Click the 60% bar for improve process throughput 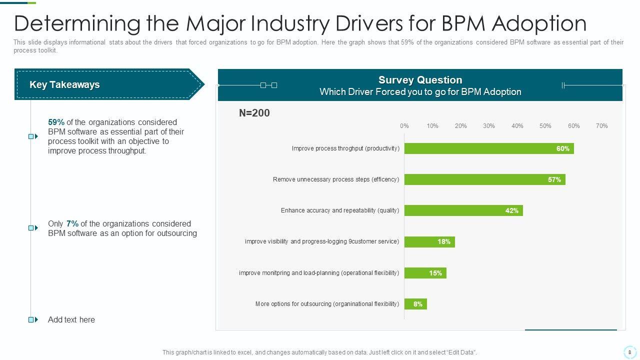[x=488, y=148]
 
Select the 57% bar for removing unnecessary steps [x=484, y=179]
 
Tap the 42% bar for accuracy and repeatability [x=463, y=210]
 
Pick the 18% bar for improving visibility [x=429, y=242]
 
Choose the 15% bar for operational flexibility [x=425, y=273]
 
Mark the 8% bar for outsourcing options [x=415, y=304]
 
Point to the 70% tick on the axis [x=601, y=126]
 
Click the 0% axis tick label [x=404, y=126]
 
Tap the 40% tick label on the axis [x=517, y=126]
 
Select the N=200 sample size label [x=254, y=113]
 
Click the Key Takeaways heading [x=64, y=84]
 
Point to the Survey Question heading [x=420, y=80]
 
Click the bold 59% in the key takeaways [x=56, y=122]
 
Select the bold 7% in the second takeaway [x=72, y=223]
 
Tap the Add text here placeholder [x=71, y=319]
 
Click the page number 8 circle [x=629, y=352]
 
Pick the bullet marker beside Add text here [x=33, y=319]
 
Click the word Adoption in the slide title [x=539, y=23]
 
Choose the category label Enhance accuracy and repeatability [x=339, y=210]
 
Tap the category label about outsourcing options [x=327, y=304]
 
